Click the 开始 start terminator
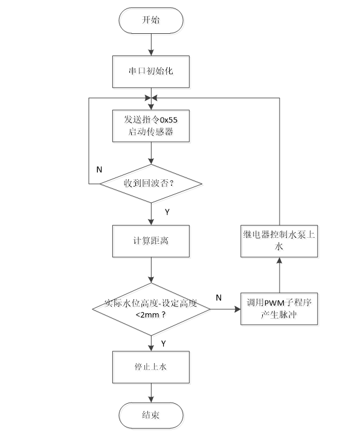pos(151,21)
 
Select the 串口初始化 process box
pos(151,72)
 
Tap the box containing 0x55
pos(151,126)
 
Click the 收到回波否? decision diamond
pos(151,183)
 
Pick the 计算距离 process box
pos(151,241)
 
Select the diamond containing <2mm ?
pos(151,309)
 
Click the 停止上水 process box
pos(151,367)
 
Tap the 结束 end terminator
pos(151,415)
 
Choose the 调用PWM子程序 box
pos(279,309)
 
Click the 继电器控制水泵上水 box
pos(279,241)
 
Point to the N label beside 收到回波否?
pos(99,170)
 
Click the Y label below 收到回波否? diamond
pos(167,212)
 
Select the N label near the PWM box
pos(219,298)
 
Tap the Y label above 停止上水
pos(164,343)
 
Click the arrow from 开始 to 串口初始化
pos(151,45)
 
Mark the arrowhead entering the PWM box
pos(238,309)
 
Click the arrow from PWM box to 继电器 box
pos(279,275)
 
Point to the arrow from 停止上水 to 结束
pos(151,393)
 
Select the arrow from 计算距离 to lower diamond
pos(151,270)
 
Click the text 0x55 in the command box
pos(169,120)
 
